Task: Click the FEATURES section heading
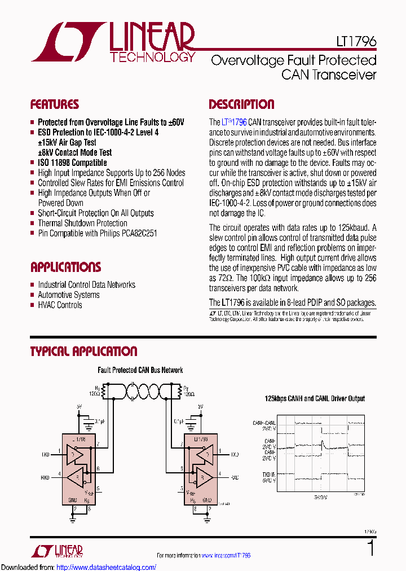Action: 54,104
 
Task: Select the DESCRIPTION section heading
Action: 241,104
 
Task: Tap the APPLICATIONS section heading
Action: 65,267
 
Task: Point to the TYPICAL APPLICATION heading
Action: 83,352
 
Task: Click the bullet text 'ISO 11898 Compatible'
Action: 72,162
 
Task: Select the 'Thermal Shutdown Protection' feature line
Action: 82,223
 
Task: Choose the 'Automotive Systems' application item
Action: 68,295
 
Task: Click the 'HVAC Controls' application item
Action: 60,305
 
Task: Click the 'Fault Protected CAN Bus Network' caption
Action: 140,370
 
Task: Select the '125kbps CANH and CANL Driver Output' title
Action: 315,398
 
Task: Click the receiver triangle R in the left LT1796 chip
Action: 77,477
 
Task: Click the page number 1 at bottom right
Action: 370,548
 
